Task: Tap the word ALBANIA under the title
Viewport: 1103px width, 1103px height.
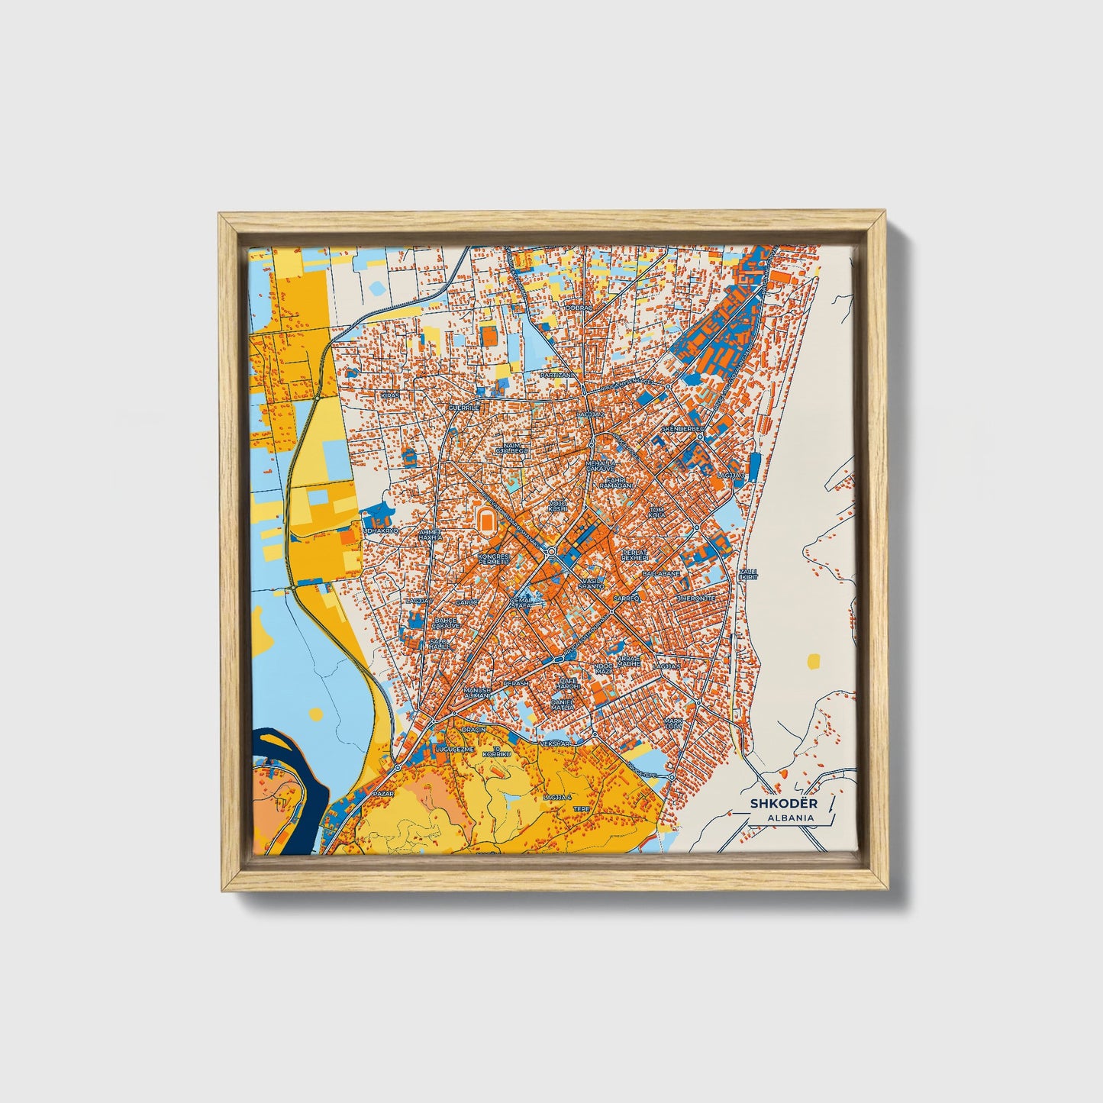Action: coord(792,818)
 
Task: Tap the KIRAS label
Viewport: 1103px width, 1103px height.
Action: coord(391,395)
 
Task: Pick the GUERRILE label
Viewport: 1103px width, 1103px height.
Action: coord(463,408)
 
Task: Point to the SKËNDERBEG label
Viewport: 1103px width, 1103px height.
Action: coord(681,429)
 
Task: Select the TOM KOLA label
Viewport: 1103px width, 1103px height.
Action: coord(656,511)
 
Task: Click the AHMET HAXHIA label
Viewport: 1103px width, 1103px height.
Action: coord(430,534)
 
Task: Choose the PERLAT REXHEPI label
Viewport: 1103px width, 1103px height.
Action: coord(634,554)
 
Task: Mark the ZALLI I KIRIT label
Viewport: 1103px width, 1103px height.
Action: coord(749,573)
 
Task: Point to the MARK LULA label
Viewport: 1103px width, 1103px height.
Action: coord(672,722)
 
